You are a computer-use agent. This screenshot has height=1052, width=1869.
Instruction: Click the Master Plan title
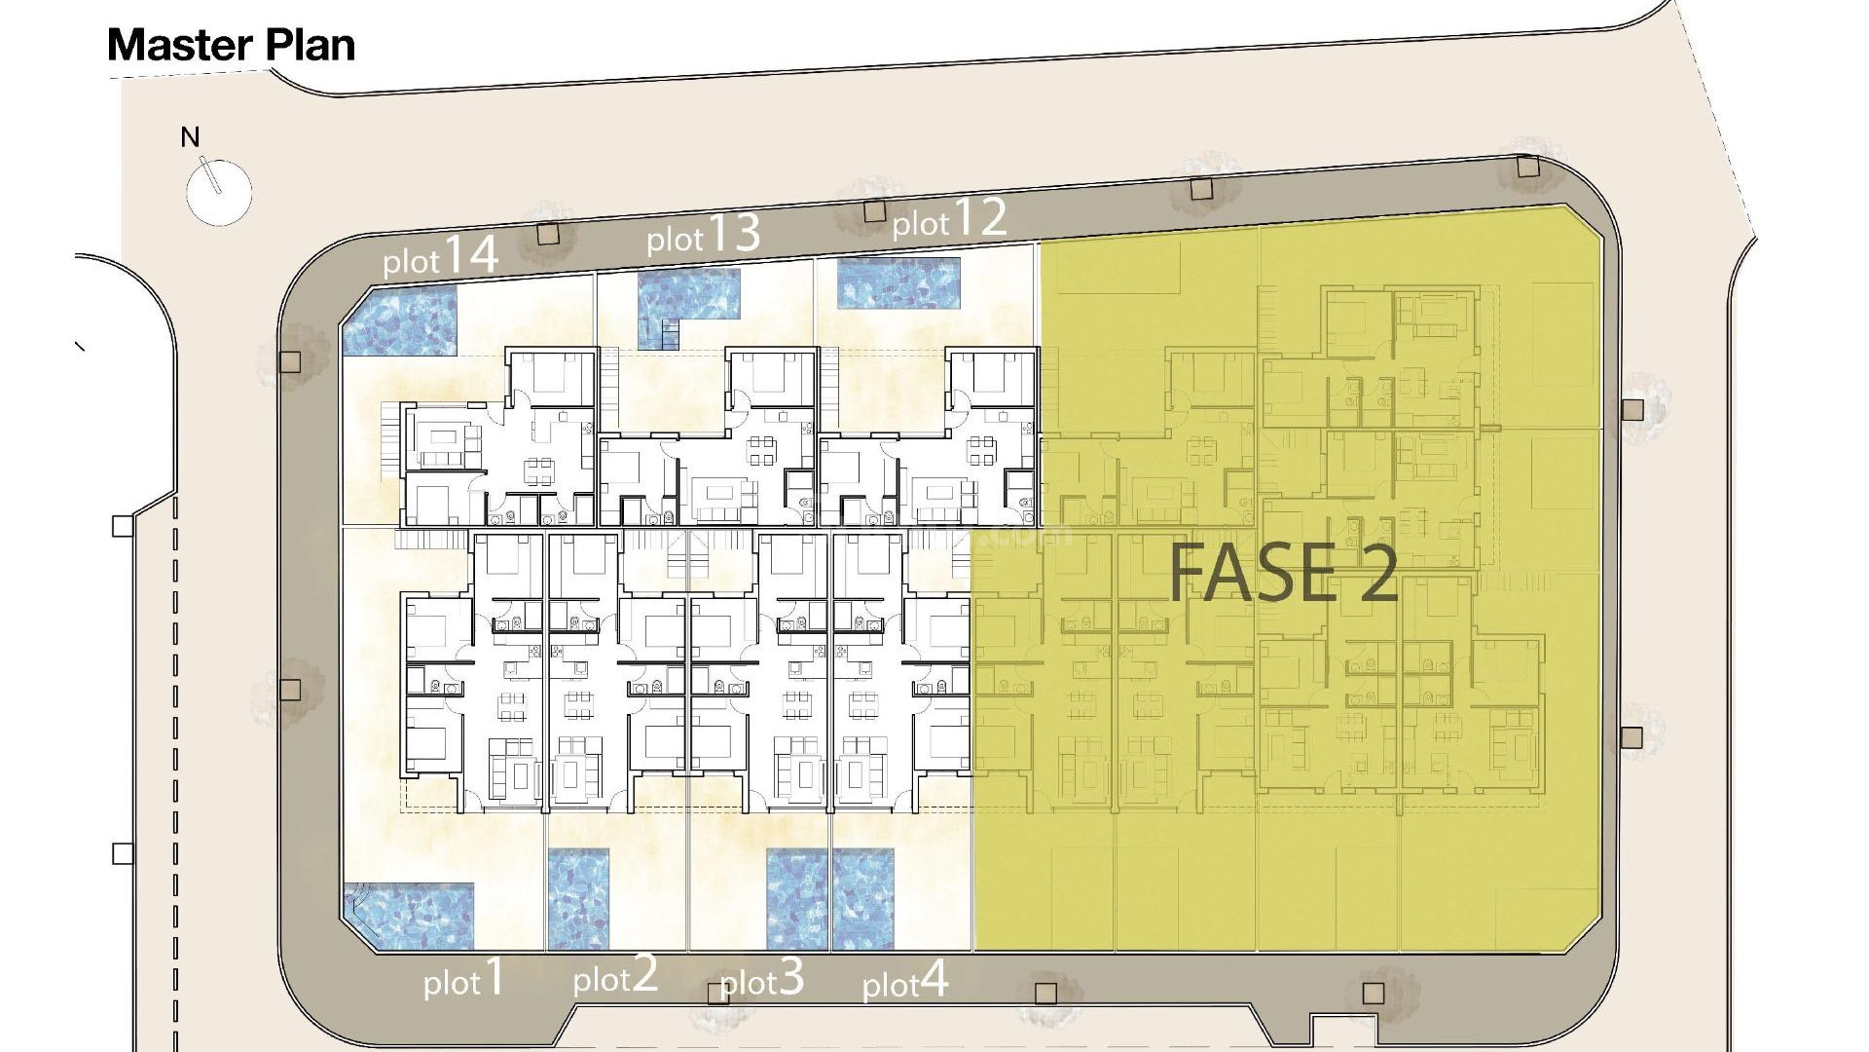(231, 46)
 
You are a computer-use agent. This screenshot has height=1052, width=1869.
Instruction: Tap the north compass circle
(218, 192)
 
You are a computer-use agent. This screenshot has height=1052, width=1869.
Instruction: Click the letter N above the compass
(190, 137)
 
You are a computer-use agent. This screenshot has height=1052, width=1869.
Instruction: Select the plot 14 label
(440, 256)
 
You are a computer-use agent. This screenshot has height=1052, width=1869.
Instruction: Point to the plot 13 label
(703, 235)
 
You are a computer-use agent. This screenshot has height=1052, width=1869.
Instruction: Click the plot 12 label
(949, 219)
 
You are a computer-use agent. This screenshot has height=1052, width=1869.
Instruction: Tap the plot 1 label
(464, 978)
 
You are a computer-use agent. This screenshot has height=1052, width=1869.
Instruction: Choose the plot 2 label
(615, 974)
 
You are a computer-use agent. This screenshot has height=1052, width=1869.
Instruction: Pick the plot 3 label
(762, 978)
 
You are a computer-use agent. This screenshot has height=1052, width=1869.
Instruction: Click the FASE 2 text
(1283, 574)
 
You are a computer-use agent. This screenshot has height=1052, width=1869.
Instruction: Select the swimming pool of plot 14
(399, 320)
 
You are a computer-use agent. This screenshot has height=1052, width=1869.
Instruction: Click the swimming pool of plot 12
(898, 282)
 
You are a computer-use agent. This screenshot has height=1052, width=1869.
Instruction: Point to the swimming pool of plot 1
(409, 917)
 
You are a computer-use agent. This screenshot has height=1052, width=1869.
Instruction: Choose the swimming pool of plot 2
(578, 899)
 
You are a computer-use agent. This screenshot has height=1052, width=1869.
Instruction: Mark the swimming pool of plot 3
(796, 899)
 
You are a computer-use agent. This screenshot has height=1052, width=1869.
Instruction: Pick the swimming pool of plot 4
(862, 899)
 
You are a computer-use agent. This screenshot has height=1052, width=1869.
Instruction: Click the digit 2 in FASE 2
(1377, 574)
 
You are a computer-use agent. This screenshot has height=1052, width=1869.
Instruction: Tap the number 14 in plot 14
(472, 253)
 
